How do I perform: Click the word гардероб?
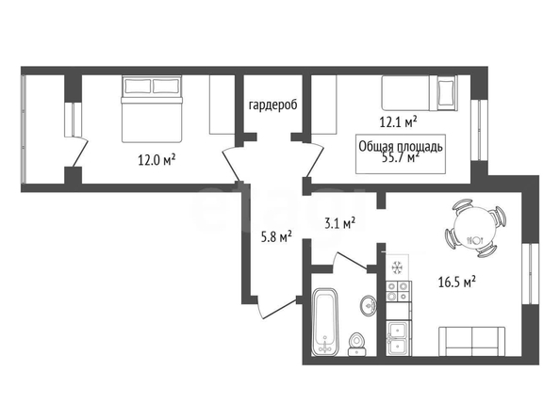pos(272,105)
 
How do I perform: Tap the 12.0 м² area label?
pos(156,160)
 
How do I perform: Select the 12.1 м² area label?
pos(398,122)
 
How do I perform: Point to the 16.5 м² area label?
pos(457,283)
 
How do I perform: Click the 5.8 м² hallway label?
pos(276,237)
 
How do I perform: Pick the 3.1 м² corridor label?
pos(339,224)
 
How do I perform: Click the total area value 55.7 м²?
pos(401,157)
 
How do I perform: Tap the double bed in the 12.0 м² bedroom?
pos(152,109)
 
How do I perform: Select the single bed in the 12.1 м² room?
pos(420,93)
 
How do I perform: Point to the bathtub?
pos(324,322)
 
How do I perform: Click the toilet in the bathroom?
pos(356,345)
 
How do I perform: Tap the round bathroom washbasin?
pos(369,305)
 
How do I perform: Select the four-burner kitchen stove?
pos(398,291)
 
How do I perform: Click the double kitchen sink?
pos(398,338)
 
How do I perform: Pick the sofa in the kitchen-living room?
pos(471,342)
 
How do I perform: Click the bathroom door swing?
pos(352,261)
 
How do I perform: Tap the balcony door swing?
pos(80,152)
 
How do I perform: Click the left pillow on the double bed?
pos(138,86)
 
